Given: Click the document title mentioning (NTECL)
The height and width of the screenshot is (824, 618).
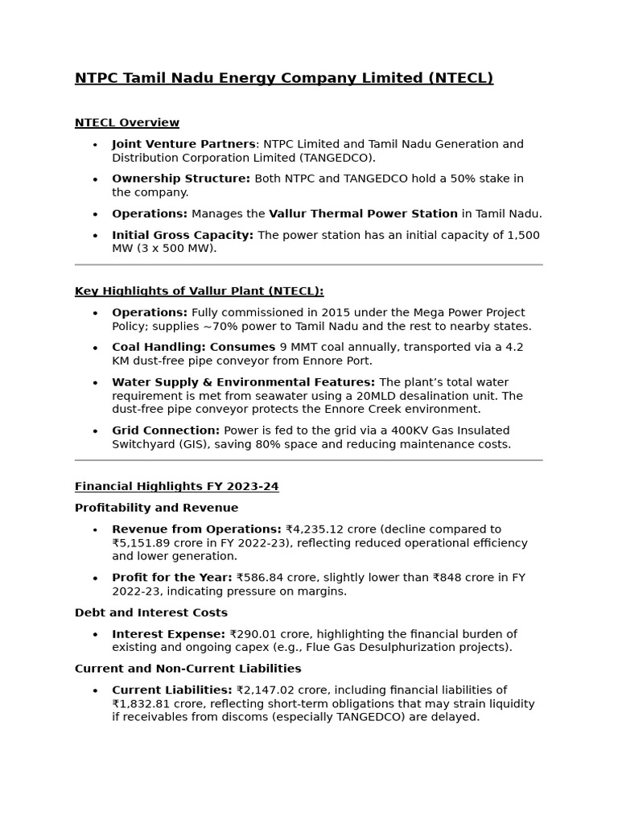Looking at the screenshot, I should [x=283, y=78].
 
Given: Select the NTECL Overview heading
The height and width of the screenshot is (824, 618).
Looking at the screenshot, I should [x=127, y=123].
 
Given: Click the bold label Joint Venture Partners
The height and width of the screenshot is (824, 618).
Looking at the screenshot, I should [x=183, y=144].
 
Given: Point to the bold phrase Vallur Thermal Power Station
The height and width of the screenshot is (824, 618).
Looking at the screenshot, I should [x=363, y=214].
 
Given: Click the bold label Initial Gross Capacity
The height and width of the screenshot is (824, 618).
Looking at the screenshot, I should [x=183, y=235].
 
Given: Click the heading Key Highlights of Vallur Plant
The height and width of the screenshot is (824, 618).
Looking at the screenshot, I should [x=199, y=291].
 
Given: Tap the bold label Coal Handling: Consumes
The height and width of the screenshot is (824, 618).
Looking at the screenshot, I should [x=193, y=348].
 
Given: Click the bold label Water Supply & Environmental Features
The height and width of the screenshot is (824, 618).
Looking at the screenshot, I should [x=243, y=382].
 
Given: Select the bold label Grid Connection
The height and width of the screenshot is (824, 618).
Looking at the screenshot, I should [x=166, y=431].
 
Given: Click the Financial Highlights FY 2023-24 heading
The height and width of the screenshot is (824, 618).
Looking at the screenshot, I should [x=176, y=487].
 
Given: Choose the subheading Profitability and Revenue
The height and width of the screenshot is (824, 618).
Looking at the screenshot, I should [x=156, y=508].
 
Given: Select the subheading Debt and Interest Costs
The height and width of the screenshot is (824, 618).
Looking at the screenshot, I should [x=151, y=612].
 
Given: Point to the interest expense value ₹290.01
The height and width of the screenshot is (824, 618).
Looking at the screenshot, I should [x=256, y=634].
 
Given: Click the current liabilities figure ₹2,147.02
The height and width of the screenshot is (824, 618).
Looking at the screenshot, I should [x=265, y=690].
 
